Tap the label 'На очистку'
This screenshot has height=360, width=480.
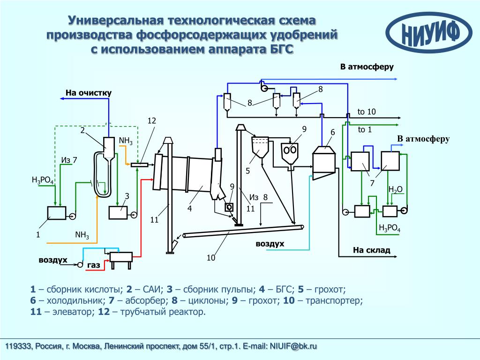pos(88,93)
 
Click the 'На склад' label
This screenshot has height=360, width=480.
pos(371,250)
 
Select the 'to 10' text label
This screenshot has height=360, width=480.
pos(367,112)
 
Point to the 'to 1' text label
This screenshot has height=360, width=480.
pos(364,129)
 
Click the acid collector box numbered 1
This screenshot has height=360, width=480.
pos(57,213)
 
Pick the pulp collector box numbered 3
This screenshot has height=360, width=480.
pos(118,213)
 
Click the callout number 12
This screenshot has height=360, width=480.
pos(151,121)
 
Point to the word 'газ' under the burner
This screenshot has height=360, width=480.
pos(94,265)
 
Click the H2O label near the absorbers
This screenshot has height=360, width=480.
pos(395,189)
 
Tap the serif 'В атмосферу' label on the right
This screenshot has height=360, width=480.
pos(423,139)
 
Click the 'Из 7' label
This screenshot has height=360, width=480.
pos(68,160)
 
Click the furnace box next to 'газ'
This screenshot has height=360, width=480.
pos(121,256)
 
